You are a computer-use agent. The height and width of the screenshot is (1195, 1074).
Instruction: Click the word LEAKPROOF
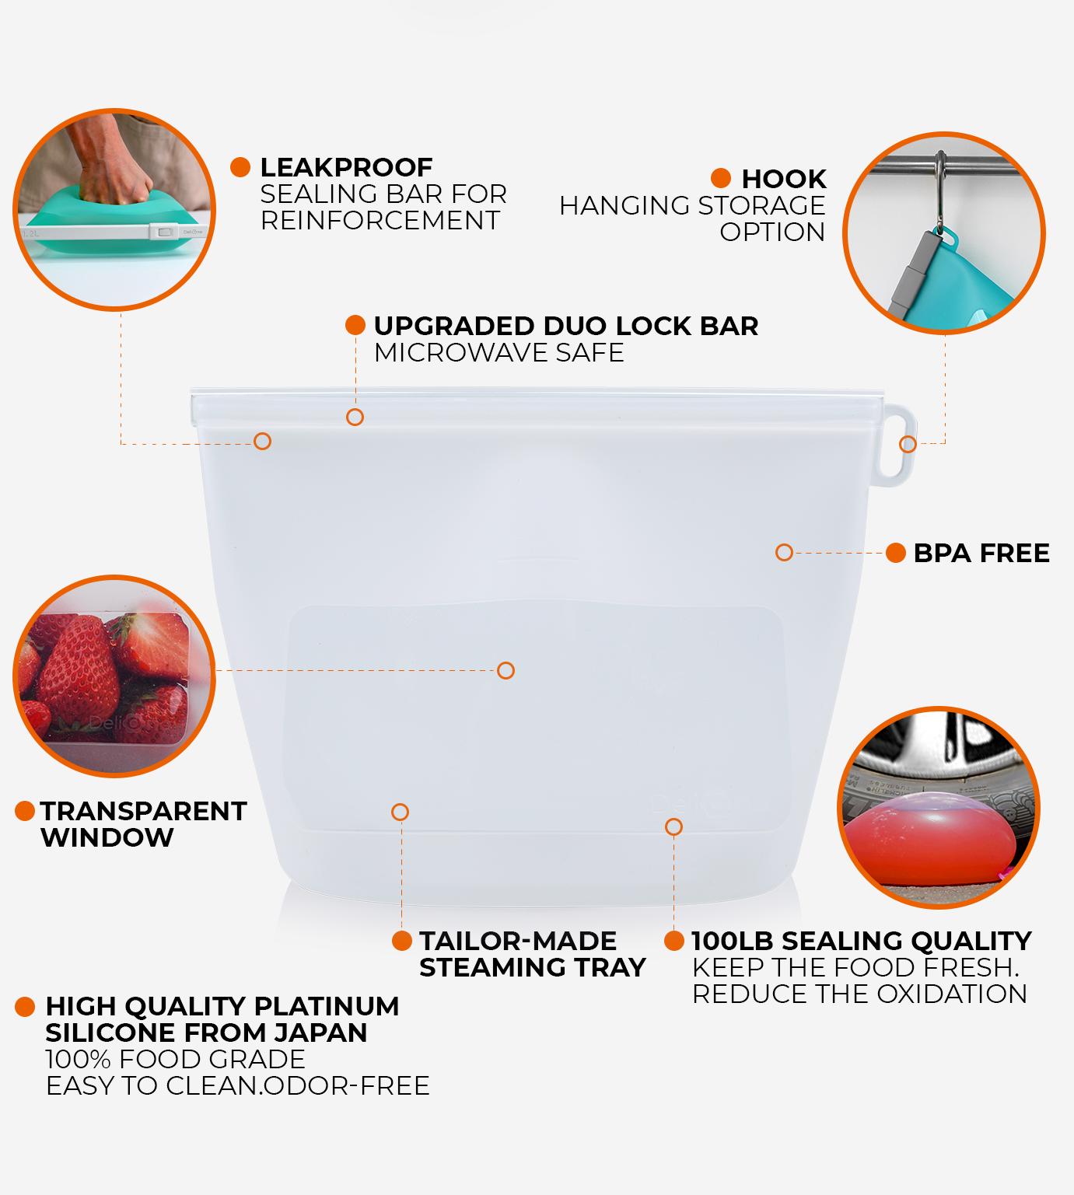tap(345, 167)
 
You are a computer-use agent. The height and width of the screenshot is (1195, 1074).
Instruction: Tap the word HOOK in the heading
tap(783, 179)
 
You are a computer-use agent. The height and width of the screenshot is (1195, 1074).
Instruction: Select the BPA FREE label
tap(981, 553)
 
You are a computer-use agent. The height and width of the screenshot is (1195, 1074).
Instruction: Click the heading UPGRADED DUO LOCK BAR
tap(565, 326)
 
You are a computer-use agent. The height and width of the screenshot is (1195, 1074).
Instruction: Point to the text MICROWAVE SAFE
tap(499, 352)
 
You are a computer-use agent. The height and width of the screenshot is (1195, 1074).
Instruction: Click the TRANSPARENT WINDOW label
tap(143, 824)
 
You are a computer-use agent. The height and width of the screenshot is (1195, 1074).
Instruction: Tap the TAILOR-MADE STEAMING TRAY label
tap(532, 954)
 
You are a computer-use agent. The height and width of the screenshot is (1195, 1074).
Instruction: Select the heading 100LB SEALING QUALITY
tap(861, 941)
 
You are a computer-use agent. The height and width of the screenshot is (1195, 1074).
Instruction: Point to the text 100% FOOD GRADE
tap(175, 1059)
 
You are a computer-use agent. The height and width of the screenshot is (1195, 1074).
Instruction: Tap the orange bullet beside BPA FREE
tap(895, 553)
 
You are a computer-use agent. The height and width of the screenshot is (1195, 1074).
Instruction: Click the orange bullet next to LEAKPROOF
tap(240, 167)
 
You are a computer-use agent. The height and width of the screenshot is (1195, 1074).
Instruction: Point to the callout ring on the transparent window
tap(506, 670)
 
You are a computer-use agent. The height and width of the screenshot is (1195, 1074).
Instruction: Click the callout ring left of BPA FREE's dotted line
tap(784, 552)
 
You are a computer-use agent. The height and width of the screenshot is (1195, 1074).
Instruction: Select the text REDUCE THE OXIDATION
tap(859, 994)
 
